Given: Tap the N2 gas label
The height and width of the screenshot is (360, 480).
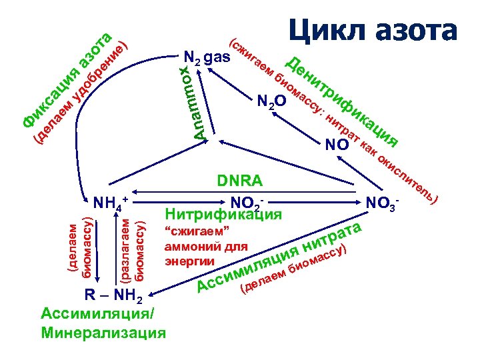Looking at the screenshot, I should (207, 57).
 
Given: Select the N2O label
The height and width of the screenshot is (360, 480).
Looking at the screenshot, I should (271, 102).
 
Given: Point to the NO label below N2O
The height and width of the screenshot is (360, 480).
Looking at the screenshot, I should (337, 145).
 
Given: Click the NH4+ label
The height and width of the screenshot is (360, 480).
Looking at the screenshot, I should (111, 201).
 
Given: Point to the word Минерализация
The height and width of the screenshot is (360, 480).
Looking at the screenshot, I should (103, 331).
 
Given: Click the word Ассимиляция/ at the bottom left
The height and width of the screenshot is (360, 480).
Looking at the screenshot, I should (100, 313).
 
